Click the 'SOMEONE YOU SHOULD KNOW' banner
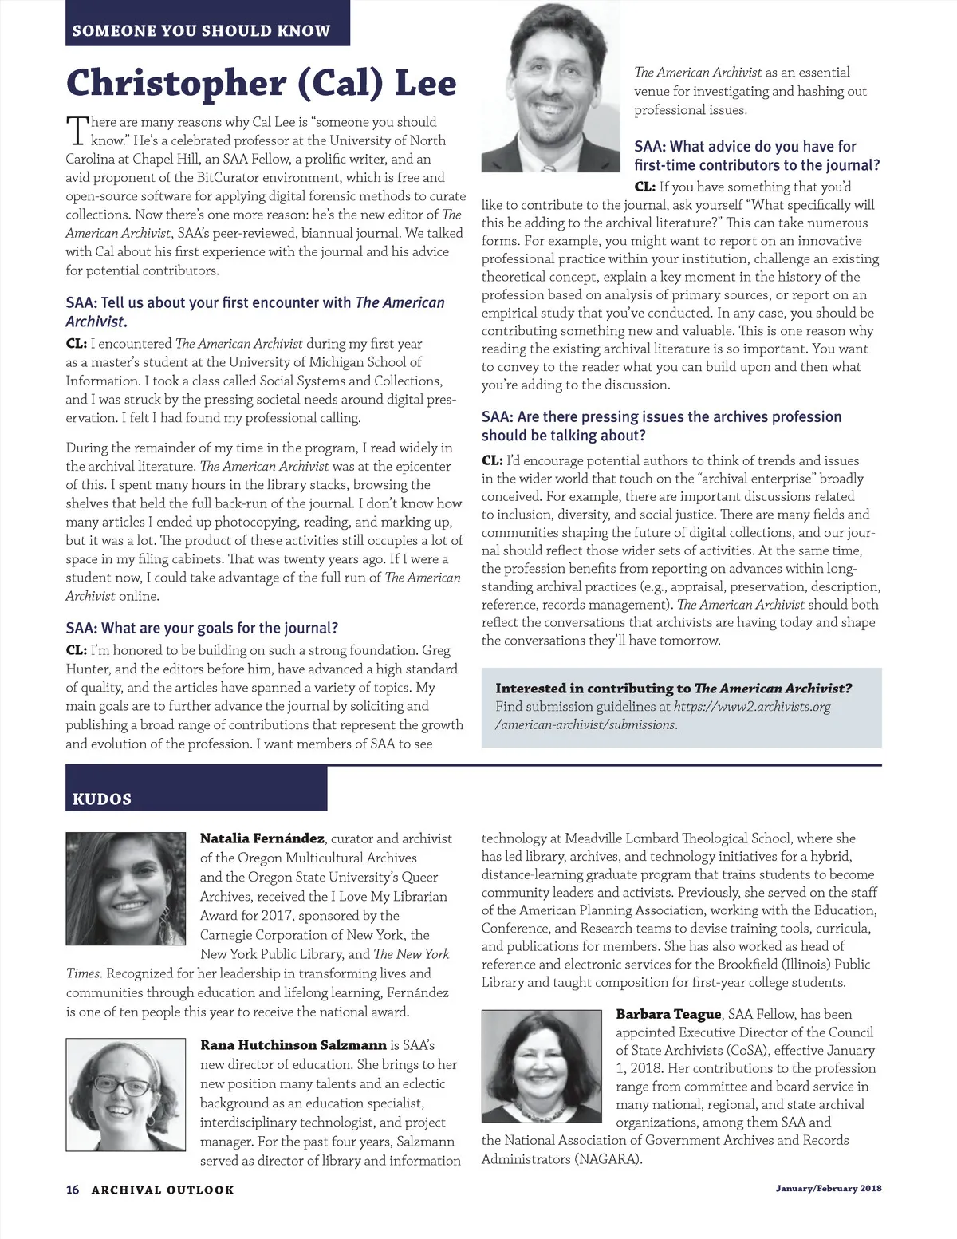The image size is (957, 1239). click(x=201, y=31)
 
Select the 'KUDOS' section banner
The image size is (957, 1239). click(x=102, y=799)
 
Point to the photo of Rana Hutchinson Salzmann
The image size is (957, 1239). click(x=125, y=1093)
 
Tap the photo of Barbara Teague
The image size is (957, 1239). click(x=542, y=1066)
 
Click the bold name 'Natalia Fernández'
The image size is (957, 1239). click(x=262, y=838)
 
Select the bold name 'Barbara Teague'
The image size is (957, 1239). click(x=668, y=1014)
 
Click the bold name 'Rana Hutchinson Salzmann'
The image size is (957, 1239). click(x=293, y=1044)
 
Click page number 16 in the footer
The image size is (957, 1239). click(x=73, y=1190)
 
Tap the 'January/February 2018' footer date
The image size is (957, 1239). click(x=829, y=1189)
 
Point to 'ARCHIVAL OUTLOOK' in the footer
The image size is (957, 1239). click(x=163, y=1190)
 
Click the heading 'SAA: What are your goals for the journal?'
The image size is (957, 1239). click(x=202, y=628)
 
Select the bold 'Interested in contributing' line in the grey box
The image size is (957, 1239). click(x=673, y=688)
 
